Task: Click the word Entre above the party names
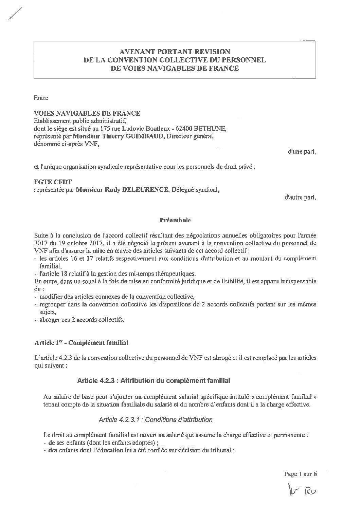pyautogui.click(x=41, y=98)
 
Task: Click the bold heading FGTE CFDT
pyautogui.click(x=53, y=183)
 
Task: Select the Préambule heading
pyautogui.click(x=175, y=220)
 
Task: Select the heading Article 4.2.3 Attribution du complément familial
pyautogui.click(x=154, y=380)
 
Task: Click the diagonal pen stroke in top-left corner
pyautogui.click(x=15, y=15)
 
